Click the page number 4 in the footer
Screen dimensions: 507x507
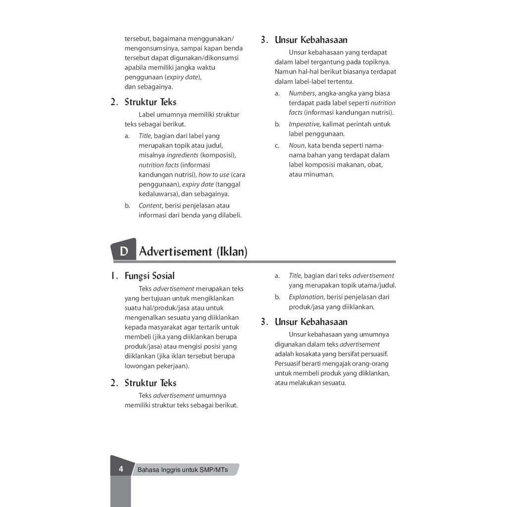click(x=121, y=469)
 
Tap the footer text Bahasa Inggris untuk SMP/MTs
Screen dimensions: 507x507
click(x=183, y=470)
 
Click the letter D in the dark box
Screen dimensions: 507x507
click(x=124, y=252)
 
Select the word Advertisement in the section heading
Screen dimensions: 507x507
click(x=176, y=252)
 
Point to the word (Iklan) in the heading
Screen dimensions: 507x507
click(x=231, y=252)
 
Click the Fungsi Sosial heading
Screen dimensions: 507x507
click(x=150, y=276)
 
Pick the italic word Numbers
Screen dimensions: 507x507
click(x=302, y=93)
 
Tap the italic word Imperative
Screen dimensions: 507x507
click(x=304, y=124)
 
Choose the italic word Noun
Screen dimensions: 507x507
click(x=297, y=146)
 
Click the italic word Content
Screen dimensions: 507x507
click(x=150, y=205)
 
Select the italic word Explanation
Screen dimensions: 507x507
click(x=306, y=297)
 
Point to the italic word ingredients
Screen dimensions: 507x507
click(x=182, y=155)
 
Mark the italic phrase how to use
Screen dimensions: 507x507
click(x=214, y=174)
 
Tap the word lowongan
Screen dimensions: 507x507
click(x=140, y=366)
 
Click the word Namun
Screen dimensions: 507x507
click(x=286, y=72)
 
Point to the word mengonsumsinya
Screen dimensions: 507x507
click(x=152, y=48)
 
